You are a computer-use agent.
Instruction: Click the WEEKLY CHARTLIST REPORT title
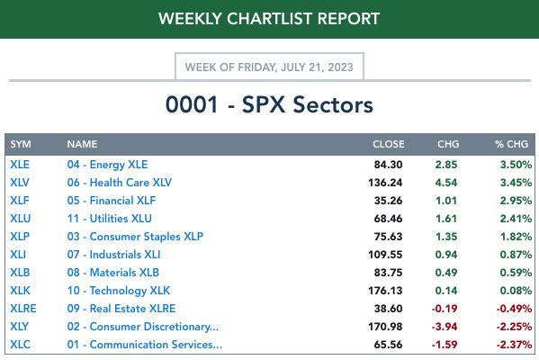(269, 19)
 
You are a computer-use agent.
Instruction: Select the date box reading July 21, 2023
(269, 67)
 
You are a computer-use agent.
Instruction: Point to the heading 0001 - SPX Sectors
(269, 104)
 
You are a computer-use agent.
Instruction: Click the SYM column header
(21, 144)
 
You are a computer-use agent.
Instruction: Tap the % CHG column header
(511, 144)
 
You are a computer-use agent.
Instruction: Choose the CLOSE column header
(389, 144)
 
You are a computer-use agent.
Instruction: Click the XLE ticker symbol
(20, 165)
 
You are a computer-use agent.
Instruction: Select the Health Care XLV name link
(120, 182)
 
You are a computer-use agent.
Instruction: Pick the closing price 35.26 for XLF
(388, 201)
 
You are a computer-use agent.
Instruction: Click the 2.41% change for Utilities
(516, 219)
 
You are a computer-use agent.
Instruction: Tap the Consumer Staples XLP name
(135, 237)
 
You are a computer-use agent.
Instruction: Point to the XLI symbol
(18, 255)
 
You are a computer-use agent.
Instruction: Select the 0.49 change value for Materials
(446, 273)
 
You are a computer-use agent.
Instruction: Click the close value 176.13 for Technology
(385, 291)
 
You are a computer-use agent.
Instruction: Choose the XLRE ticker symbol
(23, 309)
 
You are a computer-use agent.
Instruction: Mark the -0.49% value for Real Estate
(514, 309)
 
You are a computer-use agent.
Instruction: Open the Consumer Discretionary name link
(143, 327)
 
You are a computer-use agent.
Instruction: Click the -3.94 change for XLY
(445, 327)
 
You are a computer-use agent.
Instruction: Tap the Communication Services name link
(144, 345)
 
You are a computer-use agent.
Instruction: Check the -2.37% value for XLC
(514, 345)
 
